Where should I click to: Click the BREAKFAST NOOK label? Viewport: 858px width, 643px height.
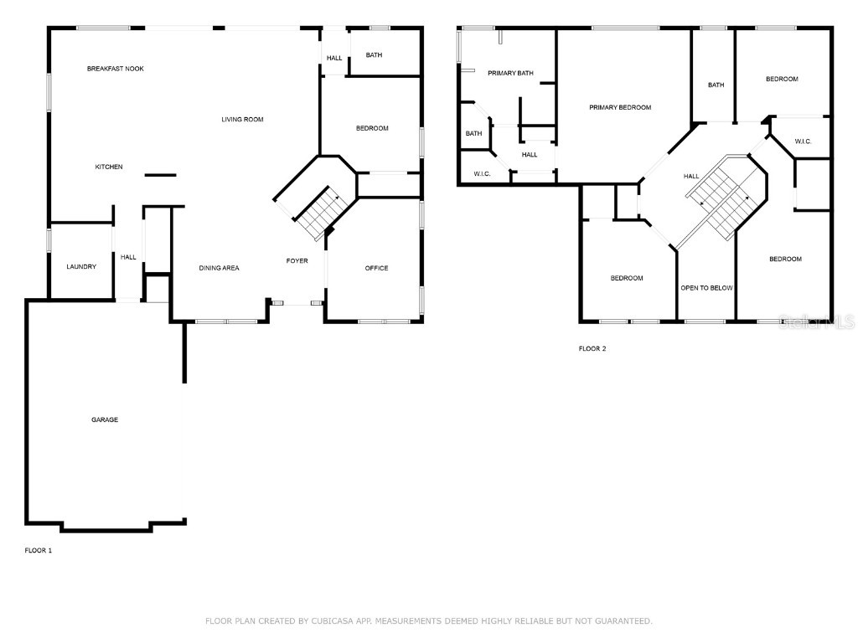pos(116,69)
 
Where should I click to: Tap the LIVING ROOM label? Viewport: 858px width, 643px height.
pos(242,120)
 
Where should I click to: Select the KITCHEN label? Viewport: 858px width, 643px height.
pos(109,167)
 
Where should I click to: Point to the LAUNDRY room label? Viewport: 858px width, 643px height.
pos(81,267)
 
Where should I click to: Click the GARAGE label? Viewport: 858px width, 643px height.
pos(105,419)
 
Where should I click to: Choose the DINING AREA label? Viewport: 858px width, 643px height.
pos(219,268)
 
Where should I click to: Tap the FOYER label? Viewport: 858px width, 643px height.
pos(297,260)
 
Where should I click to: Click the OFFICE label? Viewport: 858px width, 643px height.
pos(376,268)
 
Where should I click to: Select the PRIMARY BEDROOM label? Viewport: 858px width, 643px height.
pos(620,107)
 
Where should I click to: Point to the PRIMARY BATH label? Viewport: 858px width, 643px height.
pos(510,73)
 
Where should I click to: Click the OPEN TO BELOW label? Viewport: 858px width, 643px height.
pos(706,288)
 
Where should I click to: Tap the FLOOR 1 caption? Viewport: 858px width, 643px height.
pos(39,550)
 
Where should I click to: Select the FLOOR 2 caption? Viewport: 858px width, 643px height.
pos(592,348)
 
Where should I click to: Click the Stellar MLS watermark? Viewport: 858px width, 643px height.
pos(816,321)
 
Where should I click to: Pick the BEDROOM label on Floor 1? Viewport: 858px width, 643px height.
pos(372,128)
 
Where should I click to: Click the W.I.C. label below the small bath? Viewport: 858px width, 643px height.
pos(482,173)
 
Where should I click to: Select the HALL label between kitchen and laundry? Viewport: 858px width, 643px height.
pos(128,257)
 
